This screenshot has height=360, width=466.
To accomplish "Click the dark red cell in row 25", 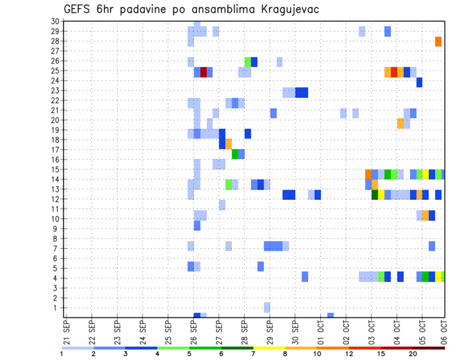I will coord(204,72).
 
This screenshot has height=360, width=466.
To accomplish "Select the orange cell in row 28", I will coord(438,42).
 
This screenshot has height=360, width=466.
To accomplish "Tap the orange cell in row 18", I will coord(229,144).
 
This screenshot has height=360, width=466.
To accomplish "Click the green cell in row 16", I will coord(235,154).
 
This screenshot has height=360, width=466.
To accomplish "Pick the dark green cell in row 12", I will coord(375,195).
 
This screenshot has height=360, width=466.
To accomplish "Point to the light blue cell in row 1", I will coord(267,308).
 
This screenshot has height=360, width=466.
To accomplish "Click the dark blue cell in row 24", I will coord(419,82).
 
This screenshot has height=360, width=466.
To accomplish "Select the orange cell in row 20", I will coord(400,123).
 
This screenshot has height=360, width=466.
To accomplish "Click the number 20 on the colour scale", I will coord(413,354).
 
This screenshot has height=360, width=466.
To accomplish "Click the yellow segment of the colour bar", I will coord(269,348).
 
